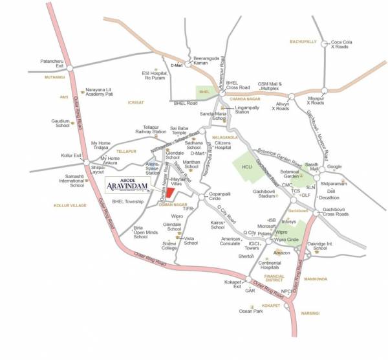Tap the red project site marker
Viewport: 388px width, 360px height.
pyautogui.click(x=169, y=192)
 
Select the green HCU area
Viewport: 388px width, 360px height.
pyautogui.click(x=245, y=170)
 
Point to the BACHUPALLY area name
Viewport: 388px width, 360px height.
pyautogui.click(x=303, y=41)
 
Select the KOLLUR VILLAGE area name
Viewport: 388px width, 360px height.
pyautogui.click(x=69, y=205)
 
